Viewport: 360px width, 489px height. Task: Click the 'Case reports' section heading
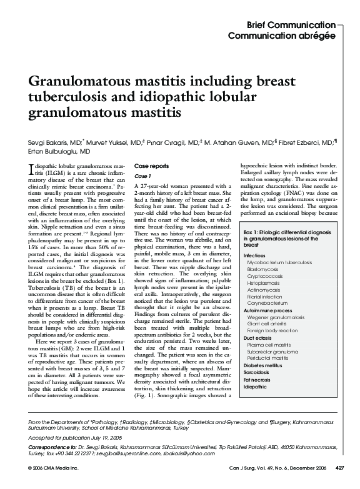[151, 166]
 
